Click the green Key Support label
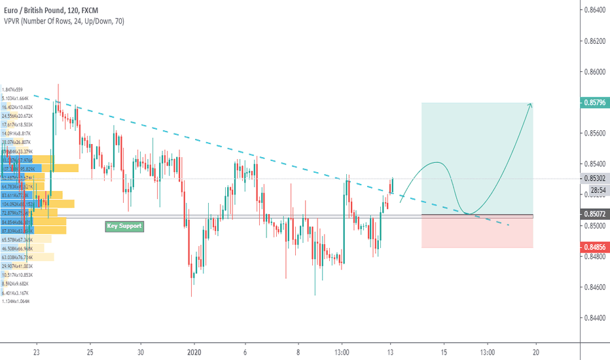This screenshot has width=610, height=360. click(124, 226)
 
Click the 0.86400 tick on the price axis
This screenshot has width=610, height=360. click(594, 10)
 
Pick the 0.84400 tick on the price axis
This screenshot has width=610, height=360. click(594, 317)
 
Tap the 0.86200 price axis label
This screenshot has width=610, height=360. click(594, 41)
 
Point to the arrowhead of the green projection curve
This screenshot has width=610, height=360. click(530, 105)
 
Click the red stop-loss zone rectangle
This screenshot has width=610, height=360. click(477, 233)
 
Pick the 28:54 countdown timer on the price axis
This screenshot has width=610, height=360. click(595, 189)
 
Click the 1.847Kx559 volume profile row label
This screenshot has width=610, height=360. click(12, 89)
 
